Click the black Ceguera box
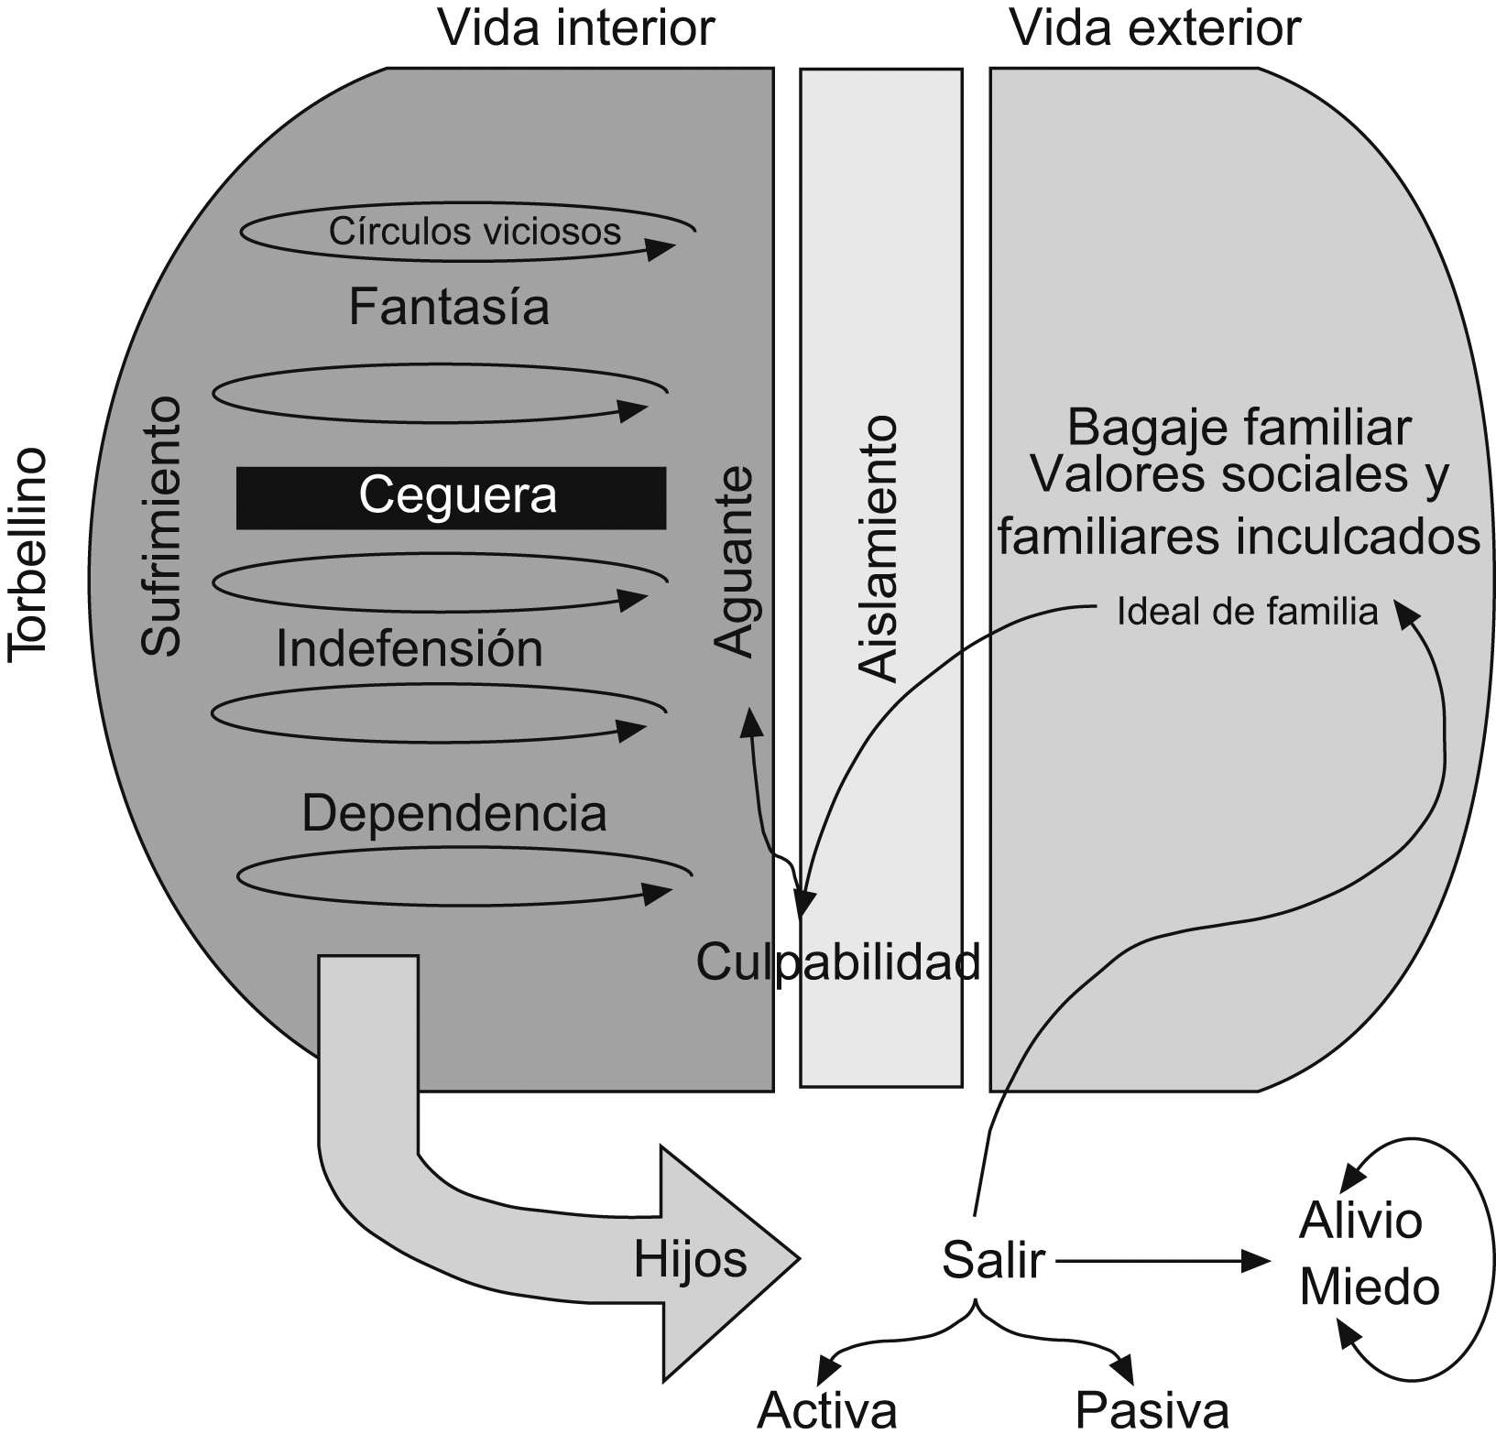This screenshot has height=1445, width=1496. pos(451,497)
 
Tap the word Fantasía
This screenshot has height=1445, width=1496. pos(449,308)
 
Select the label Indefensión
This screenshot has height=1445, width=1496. pos(409,649)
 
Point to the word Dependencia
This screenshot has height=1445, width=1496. pos(454,813)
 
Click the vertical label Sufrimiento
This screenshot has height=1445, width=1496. pos(162,526)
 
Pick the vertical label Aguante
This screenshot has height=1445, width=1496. pos(734,561)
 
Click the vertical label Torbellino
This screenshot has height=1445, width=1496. pos(27,553)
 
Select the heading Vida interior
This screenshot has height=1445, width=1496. pos(576,28)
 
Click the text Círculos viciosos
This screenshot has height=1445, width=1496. pos(475,232)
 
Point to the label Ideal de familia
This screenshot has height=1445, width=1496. pos(1247,612)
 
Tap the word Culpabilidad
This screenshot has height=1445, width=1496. pos(838,962)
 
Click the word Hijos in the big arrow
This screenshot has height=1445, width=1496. pos(690,1260)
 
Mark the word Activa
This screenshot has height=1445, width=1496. pos(826,1410)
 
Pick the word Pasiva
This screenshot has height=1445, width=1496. pos(1152,1410)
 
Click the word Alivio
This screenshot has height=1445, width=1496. pos(1360,1222)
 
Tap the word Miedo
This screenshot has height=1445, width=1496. pos(1370,1287)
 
